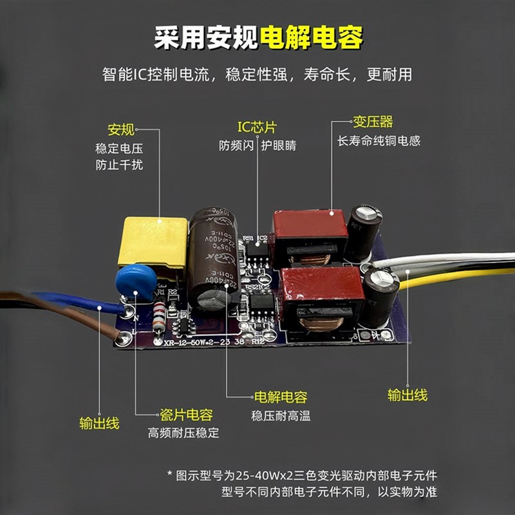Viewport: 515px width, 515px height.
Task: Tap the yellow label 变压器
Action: tap(372, 122)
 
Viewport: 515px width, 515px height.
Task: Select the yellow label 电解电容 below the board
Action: tap(281, 397)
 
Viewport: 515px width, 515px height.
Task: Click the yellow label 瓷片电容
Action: tap(186, 415)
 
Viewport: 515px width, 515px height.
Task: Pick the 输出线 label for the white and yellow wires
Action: tap(407, 395)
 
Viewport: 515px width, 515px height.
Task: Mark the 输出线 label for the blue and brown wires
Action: tap(99, 423)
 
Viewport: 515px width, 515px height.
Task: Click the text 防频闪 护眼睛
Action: tap(257, 145)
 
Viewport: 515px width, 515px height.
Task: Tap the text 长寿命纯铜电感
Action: tap(379, 140)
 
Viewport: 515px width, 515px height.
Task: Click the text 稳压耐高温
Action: tap(281, 416)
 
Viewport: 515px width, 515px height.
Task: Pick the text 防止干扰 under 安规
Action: tap(119, 165)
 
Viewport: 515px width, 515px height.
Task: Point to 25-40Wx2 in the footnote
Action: tap(270, 476)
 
